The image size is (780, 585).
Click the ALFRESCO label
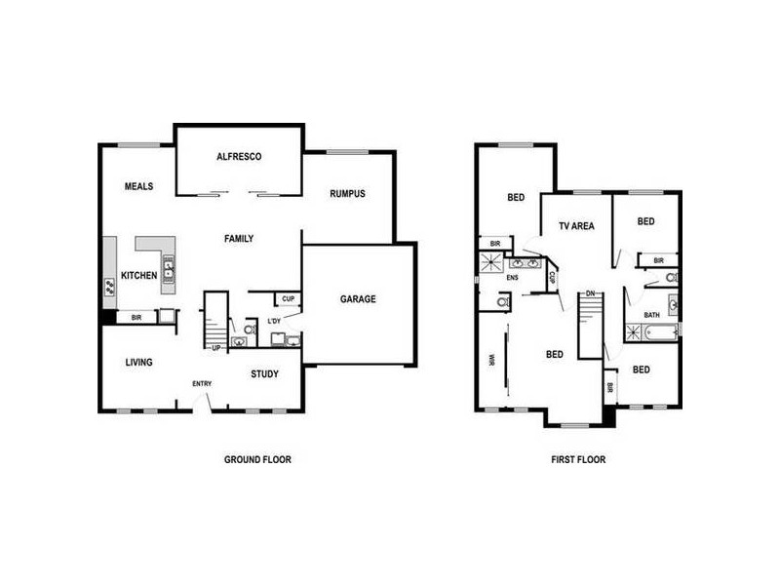tap(239, 156)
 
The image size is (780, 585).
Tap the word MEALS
tap(138, 186)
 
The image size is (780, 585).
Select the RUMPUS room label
tap(346, 193)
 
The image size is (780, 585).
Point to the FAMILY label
tap(239, 239)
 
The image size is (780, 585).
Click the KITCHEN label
tap(138, 276)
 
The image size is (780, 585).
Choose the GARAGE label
tap(358, 299)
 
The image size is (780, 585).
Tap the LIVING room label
tap(138, 363)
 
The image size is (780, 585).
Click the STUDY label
tap(264, 373)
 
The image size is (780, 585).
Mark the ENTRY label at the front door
tap(202, 383)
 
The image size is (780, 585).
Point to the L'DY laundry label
tap(275, 321)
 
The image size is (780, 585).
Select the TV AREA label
tap(576, 226)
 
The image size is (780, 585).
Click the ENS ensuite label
tap(513, 278)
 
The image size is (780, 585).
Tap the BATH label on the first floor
tap(651, 315)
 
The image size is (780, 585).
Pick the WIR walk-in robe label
tap(491, 362)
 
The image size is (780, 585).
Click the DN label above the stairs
tap(591, 292)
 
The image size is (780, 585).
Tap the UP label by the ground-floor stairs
tap(215, 347)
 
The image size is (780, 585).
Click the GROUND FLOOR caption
tap(257, 459)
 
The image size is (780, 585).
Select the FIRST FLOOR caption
tap(577, 459)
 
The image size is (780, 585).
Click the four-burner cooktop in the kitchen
tap(110, 287)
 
